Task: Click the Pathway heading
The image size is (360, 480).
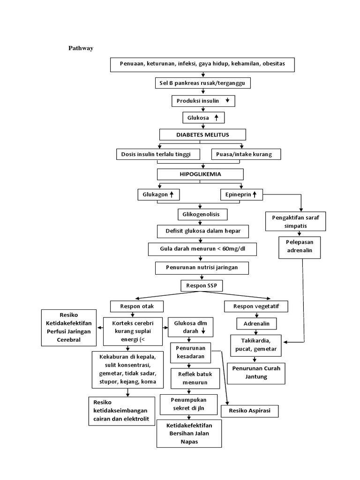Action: [81, 48]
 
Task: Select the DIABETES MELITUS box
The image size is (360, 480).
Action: [202, 135]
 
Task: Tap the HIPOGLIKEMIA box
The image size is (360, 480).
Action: [200, 174]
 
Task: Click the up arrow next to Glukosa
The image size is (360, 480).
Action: [216, 118]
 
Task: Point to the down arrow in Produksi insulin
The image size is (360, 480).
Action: [227, 101]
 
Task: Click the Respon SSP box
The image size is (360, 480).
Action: [202, 285]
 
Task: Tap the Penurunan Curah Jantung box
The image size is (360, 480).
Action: [256, 372]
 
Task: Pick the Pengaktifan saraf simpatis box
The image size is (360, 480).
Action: [295, 222]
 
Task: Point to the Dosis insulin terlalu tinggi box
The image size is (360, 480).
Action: [157, 154]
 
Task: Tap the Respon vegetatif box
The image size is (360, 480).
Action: [256, 307]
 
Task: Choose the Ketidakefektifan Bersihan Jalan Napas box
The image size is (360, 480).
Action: [189, 434]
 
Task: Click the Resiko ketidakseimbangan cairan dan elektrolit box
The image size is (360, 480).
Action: [121, 411]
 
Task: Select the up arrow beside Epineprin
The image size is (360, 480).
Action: [255, 194]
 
